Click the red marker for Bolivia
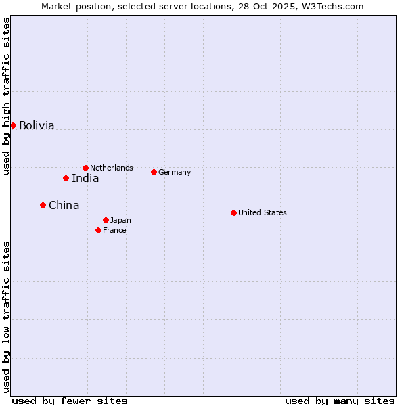13,125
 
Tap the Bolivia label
37,126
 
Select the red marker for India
66,179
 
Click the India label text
85,179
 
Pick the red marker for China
43,205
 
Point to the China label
64,206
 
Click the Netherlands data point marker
85,168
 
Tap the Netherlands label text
112,168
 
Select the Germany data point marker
154,172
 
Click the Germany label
175,173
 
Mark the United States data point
233,212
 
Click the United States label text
263,213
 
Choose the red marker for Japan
106,220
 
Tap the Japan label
120,221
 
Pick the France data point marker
98,230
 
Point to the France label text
114,231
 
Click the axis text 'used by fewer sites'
70,401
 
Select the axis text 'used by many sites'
340,401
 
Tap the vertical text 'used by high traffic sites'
7,97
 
